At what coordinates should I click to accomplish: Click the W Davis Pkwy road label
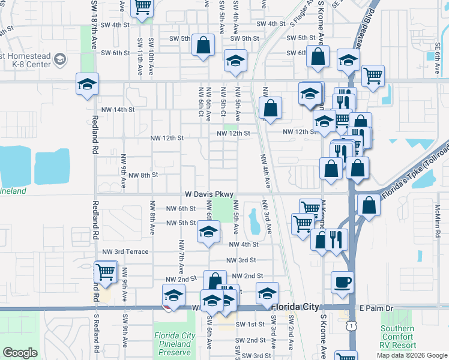(208, 195)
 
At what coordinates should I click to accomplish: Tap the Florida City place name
(295, 307)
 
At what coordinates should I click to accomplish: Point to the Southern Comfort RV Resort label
(397, 337)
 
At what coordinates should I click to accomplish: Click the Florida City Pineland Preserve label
(175, 344)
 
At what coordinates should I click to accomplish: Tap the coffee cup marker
(342, 282)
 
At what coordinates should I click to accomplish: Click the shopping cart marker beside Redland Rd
(106, 272)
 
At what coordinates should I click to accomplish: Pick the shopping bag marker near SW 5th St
(203, 45)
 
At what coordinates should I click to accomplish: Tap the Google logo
(20, 353)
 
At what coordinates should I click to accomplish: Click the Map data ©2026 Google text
(412, 355)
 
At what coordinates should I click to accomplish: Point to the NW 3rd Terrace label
(125, 252)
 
